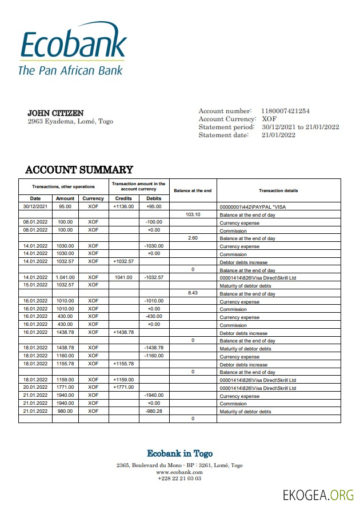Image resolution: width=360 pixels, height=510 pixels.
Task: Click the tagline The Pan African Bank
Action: click(70, 70)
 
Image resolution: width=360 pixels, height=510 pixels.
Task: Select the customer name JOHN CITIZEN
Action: click(55, 113)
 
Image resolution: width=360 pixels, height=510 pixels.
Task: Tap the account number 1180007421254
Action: click(285, 111)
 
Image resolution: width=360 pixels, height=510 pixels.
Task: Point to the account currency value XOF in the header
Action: click(269, 119)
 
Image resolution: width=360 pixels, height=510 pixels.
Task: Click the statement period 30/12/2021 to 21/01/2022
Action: click(300, 127)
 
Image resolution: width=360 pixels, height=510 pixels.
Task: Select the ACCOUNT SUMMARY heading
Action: click(79, 170)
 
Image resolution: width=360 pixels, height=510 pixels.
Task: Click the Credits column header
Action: click(123, 198)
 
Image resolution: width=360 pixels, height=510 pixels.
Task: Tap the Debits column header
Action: click(154, 198)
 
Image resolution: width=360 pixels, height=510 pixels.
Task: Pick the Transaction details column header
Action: click(278, 190)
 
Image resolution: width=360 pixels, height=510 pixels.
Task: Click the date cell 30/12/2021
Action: click(35, 206)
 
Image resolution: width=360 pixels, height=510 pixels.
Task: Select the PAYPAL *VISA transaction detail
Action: click(254, 206)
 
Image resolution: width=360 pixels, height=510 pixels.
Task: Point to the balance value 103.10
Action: click(193, 214)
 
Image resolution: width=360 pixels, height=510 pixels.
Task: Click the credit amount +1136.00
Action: click(123, 206)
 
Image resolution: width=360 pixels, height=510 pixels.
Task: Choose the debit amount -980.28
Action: click(154, 411)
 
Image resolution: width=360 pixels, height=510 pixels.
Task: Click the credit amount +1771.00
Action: click(123, 388)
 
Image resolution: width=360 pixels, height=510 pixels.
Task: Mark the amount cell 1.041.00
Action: click(65, 277)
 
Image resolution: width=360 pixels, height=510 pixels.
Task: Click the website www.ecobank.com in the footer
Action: click(179, 472)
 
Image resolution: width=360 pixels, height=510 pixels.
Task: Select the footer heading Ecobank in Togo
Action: click(179, 453)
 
